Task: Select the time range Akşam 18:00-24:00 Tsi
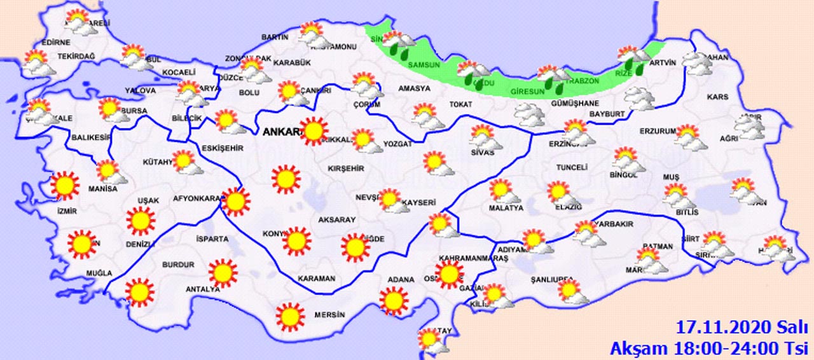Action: pyautogui.click(x=708, y=348)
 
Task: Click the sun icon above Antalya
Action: pyautogui.click(x=222, y=273)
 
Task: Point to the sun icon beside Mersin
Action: pyautogui.click(x=291, y=317)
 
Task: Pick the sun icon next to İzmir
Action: pyautogui.click(x=64, y=186)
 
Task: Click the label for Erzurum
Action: pyautogui.click(x=657, y=131)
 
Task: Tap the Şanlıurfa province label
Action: pyautogui.click(x=553, y=280)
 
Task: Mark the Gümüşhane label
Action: pyautogui.click(x=557, y=104)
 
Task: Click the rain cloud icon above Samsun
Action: pyautogui.click(x=399, y=44)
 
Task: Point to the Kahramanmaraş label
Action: pyautogui.click(x=464, y=258)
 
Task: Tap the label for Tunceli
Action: pyautogui.click(x=566, y=167)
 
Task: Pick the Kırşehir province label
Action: pyautogui.click(x=345, y=169)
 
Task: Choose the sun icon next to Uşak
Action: pyautogui.click(x=141, y=221)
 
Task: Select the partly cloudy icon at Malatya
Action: pyautogui.click(x=502, y=191)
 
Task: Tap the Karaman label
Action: pyautogui.click(x=316, y=279)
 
